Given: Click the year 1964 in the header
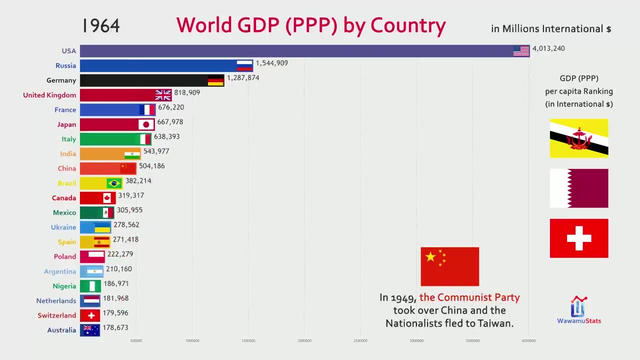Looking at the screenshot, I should coord(101,26).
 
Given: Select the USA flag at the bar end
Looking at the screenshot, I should coord(521,50).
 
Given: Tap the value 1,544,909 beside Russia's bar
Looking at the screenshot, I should coord(271,63).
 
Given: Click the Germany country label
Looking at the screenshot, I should coord(61,80).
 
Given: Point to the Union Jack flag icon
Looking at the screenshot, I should coord(163,95).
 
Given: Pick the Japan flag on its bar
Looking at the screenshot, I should coord(146,124).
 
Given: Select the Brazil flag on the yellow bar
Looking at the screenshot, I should coord(114,183).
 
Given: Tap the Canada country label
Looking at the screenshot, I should coord(64,198).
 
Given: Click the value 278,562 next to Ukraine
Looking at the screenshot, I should coord(126,225).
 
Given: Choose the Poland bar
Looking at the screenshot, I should coord(92,256).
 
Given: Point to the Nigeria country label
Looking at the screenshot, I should coord(64,286).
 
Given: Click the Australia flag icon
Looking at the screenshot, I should coord(91,329).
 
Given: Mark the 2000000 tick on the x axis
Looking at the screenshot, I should coord(304,341).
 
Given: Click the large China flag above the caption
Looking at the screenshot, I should coord(449,266).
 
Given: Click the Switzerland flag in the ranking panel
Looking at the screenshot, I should coord(579,238).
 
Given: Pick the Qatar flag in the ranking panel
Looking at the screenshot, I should coord(579,188).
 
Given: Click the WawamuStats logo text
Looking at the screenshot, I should coord(579,321).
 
